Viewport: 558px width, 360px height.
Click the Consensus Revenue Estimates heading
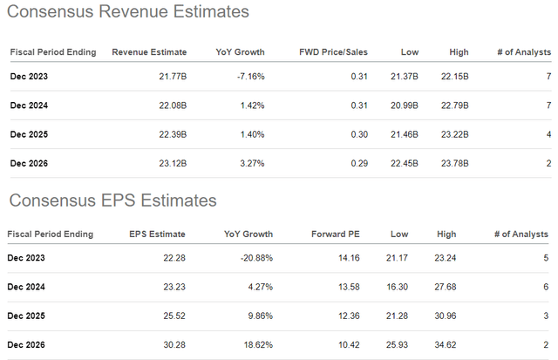click(x=127, y=13)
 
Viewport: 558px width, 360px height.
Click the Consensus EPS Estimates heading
click(x=112, y=200)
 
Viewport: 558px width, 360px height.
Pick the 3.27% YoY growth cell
click(x=250, y=162)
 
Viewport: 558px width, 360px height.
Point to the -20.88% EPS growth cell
click(x=254, y=258)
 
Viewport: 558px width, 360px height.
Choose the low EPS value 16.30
click(x=407, y=287)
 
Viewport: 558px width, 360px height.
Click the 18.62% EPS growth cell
click(x=255, y=345)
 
